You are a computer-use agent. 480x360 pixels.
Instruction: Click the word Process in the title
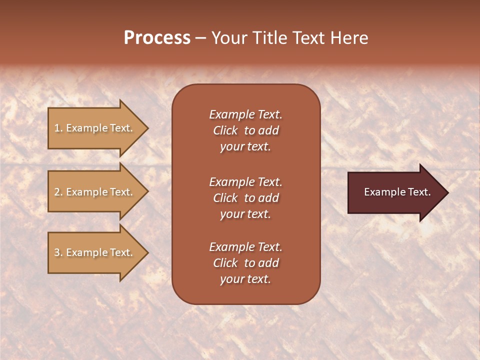(x=157, y=38)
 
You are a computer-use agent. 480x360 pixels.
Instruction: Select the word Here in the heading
(x=349, y=38)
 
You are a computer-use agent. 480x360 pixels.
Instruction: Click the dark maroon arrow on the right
(x=395, y=192)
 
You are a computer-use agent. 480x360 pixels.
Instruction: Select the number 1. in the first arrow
(x=58, y=128)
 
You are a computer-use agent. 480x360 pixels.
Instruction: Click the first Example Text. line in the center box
(x=245, y=114)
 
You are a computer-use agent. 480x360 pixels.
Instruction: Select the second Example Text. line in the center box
(x=245, y=182)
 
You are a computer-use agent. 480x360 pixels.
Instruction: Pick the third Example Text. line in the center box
(x=245, y=247)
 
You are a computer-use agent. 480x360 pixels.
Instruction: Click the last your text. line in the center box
(x=245, y=279)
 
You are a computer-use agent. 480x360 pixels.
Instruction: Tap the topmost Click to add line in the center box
(x=245, y=130)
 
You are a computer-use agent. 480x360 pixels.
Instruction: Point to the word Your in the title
(x=228, y=38)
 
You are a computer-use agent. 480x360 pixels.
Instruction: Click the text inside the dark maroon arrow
(x=397, y=192)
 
